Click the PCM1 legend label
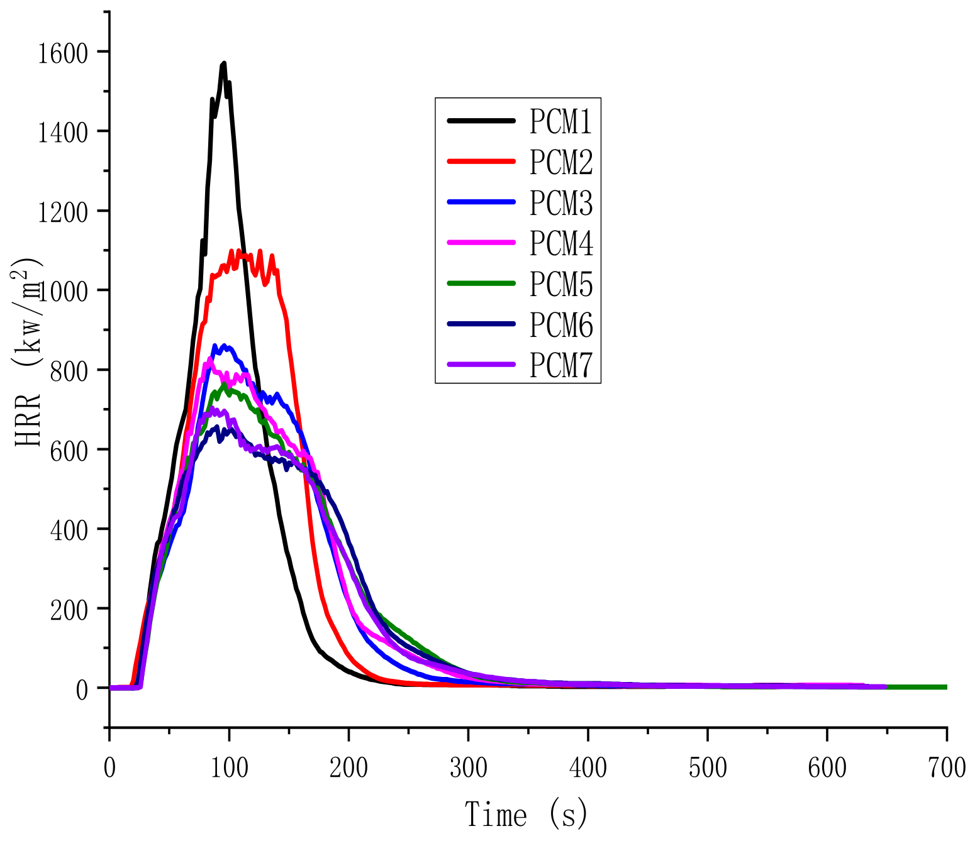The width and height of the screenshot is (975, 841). point(560,122)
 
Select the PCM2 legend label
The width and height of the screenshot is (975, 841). point(560,163)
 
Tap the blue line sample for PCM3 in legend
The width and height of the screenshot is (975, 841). point(481,202)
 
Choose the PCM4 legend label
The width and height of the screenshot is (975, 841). point(560,243)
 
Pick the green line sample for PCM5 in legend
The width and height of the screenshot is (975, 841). point(481,283)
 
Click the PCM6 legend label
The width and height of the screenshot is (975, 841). point(560,325)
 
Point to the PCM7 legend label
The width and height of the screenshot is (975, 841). point(560,365)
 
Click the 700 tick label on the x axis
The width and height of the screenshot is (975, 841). point(946,767)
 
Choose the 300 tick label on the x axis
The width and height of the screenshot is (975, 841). point(468,767)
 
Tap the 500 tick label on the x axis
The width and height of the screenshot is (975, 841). point(707,767)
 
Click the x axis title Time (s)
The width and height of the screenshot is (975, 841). point(527,814)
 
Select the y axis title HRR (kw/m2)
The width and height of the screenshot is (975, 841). point(28,352)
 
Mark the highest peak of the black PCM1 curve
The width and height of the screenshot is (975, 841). point(223,63)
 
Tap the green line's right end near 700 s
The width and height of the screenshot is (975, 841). point(944,687)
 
